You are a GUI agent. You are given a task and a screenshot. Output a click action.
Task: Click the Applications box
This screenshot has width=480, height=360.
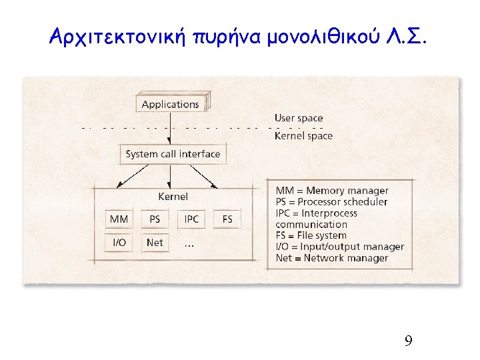[171, 104]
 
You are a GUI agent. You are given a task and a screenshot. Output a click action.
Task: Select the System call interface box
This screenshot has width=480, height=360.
[173, 154]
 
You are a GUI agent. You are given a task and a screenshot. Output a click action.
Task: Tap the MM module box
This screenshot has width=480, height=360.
[119, 219]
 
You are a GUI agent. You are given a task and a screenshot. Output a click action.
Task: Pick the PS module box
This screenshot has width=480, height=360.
[155, 219]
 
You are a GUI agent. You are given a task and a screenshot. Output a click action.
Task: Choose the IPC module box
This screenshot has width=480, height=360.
[192, 219]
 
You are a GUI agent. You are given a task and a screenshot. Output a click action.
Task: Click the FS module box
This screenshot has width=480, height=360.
[227, 219]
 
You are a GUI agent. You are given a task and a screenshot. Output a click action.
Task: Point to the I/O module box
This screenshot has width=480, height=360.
[119, 243]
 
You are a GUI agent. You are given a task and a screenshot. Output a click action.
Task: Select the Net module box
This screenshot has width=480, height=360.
[155, 243]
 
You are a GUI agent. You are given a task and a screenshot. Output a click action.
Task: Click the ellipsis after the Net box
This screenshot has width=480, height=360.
[189, 245]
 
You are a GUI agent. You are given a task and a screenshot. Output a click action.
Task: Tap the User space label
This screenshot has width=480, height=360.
[299, 118]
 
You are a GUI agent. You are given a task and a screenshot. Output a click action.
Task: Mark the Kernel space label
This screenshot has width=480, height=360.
[303, 136]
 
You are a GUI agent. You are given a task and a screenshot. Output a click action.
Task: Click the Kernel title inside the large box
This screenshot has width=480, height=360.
[173, 196]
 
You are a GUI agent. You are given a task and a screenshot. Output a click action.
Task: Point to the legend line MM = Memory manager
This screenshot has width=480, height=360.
[332, 191]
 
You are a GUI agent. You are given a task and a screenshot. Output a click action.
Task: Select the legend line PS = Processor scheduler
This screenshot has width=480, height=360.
[331, 202]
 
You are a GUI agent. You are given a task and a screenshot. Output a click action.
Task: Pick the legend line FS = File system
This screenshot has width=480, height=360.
[311, 235]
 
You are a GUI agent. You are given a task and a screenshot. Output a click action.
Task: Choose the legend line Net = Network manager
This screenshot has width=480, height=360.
[331, 258]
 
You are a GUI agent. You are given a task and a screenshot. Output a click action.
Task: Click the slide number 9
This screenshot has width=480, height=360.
[408, 341]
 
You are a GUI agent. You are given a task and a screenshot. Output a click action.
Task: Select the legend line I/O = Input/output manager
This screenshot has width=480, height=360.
[340, 247]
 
